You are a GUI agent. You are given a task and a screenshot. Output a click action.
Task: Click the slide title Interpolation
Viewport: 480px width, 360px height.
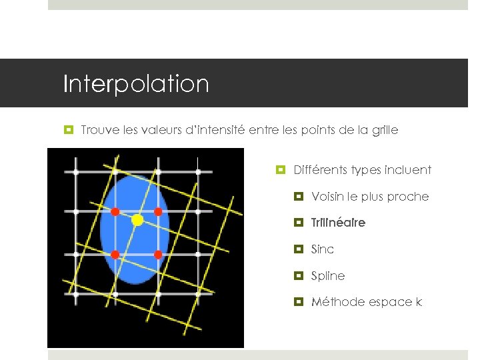tap(136, 85)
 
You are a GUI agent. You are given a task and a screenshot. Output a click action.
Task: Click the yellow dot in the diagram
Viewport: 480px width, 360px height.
tap(137, 219)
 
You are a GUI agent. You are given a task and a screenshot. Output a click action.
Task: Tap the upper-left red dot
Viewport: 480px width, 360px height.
tap(115, 212)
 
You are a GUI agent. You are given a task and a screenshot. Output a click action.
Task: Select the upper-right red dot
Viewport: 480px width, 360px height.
tap(158, 212)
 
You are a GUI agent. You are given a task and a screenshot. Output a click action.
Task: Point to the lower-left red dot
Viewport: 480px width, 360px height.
tap(115, 255)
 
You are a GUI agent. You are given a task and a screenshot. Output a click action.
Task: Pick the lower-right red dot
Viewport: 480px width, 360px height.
tap(158, 255)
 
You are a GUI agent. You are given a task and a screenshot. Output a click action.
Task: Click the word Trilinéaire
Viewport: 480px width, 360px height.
tap(338, 223)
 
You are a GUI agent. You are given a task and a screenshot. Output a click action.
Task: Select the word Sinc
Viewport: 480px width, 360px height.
tap(323, 249)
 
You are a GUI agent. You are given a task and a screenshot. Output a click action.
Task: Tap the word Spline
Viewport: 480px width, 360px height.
tap(328, 276)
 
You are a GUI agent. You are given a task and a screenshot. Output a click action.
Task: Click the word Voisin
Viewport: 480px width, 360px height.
tap(326, 197)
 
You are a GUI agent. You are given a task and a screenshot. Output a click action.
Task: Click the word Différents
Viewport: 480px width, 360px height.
tap(319, 170)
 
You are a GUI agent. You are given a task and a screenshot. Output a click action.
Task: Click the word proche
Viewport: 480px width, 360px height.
tap(411, 197)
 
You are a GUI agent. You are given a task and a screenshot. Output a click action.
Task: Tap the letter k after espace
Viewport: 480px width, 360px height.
tap(419, 302)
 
